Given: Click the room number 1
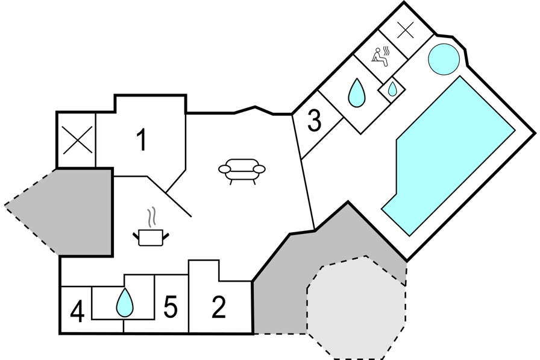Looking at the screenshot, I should pyautogui.click(x=141, y=141).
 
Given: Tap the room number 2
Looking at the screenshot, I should pyautogui.click(x=219, y=308).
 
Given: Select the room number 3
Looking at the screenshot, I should pyautogui.click(x=314, y=121).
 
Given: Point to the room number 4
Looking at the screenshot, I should pyautogui.click(x=77, y=312).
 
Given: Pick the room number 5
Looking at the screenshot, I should pyautogui.click(x=171, y=308).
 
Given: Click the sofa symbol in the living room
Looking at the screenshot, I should pyautogui.click(x=242, y=170).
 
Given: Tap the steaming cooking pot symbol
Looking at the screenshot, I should pyautogui.click(x=151, y=235).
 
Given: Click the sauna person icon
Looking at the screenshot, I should pyautogui.click(x=378, y=56).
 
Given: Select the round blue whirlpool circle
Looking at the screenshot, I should pyautogui.click(x=444, y=59).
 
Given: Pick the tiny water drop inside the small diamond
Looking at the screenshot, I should pyautogui.click(x=392, y=89).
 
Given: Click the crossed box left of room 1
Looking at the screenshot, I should pyautogui.click(x=77, y=140).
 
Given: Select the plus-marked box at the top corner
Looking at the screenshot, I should pyautogui.click(x=405, y=31).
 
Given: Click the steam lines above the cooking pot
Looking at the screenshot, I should pyautogui.click(x=153, y=216).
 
